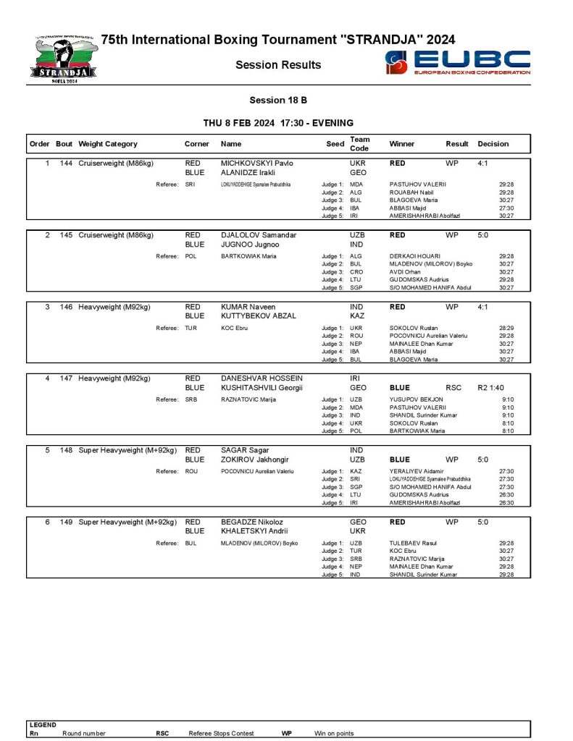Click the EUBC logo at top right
tap(458, 62)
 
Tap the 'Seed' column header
tap(335, 144)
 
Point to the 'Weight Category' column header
tap(108, 144)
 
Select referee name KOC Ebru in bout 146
tap(234, 328)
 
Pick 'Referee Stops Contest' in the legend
tap(221, 733)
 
